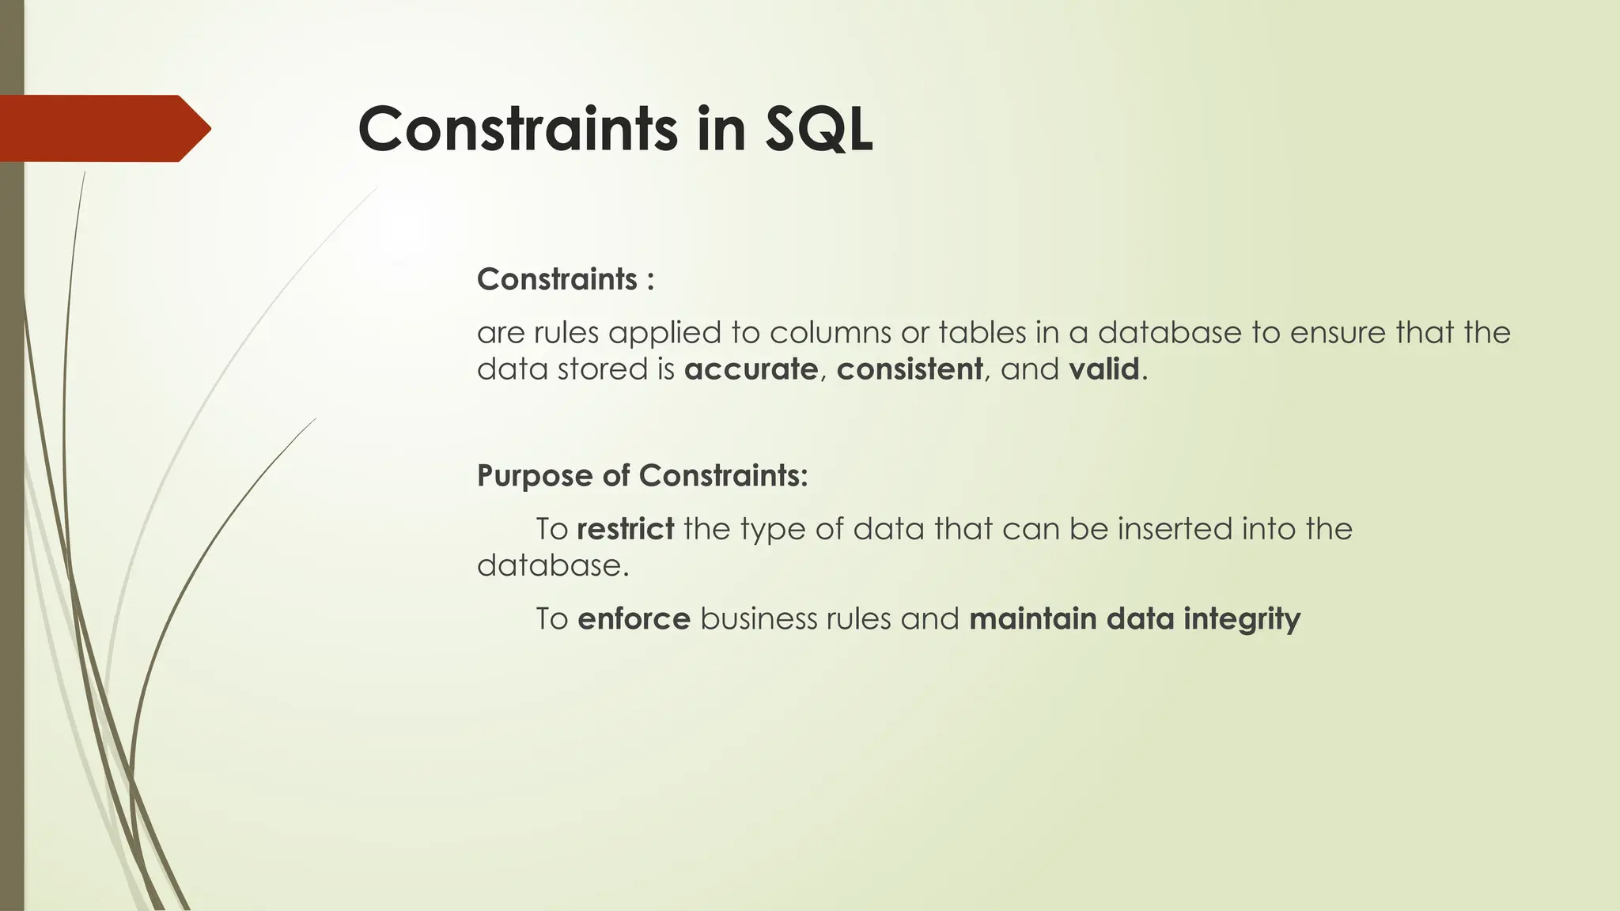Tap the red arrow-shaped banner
(103, 128)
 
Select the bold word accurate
(751, 369)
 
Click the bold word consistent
(909, 369)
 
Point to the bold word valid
(1103, 369)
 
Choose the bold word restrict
(625, 528)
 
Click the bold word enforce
(634, 618)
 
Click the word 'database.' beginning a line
(552, 565)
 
